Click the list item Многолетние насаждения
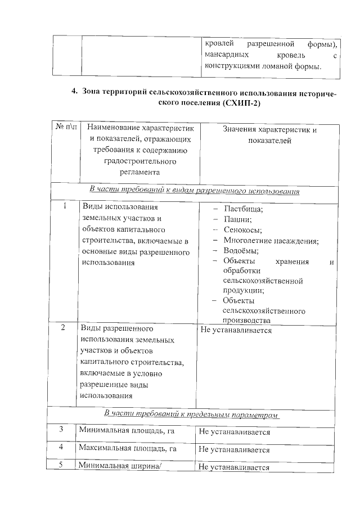click(x=271, y=241)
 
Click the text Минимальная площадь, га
click(x=125, y=431)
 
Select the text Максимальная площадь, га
click(x=128, y=449)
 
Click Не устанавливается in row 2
click(x=236, y=330)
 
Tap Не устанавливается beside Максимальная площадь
click(x=234, y=450)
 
